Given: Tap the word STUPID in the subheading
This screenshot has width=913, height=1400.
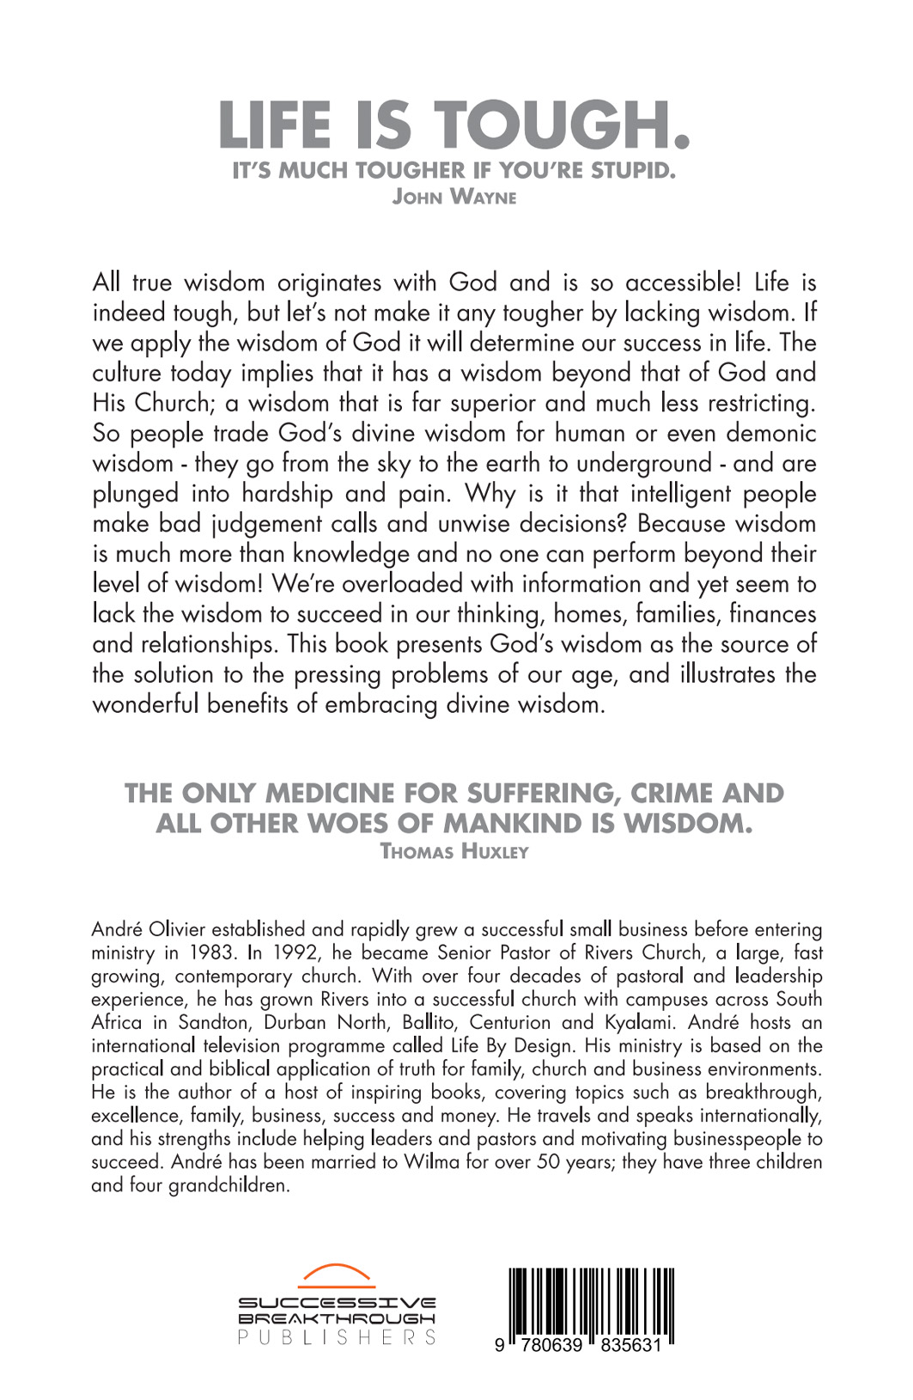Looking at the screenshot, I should [632, 170].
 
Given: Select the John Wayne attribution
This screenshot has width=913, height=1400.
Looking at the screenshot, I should [454, 197].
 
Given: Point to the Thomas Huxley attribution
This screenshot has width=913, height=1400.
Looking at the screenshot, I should [454, 851].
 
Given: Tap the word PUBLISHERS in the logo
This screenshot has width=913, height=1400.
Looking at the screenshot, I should [337, 1337].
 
